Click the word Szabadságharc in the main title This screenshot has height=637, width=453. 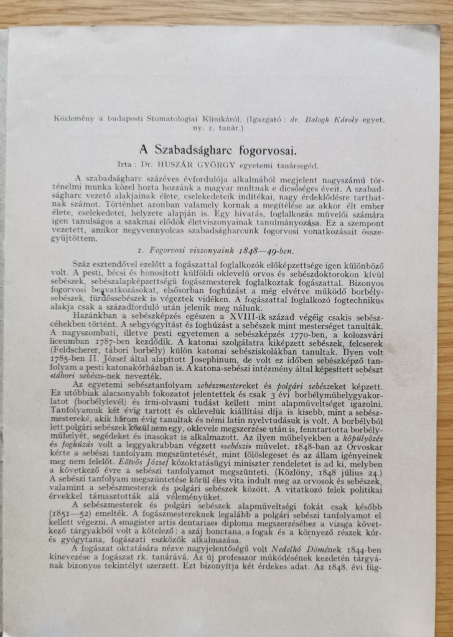pyautogui.click(x=210, y=150)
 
